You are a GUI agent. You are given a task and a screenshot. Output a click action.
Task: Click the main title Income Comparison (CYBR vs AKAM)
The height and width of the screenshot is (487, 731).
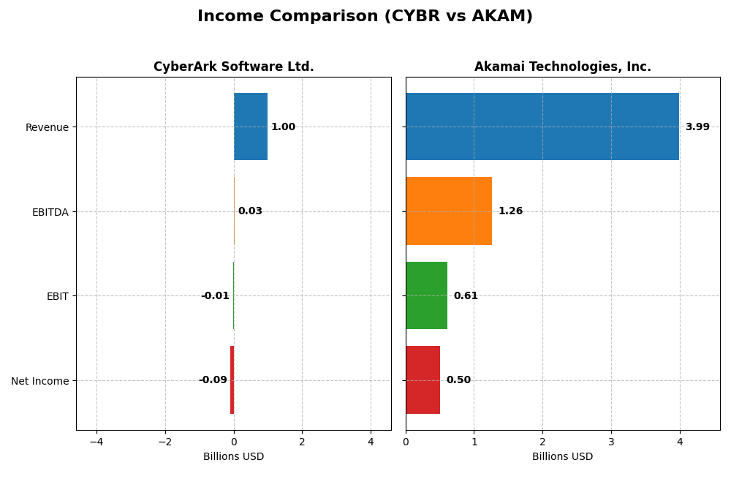[365, 16]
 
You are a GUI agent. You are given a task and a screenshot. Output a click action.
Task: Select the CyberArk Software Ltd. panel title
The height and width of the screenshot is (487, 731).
[233, 67]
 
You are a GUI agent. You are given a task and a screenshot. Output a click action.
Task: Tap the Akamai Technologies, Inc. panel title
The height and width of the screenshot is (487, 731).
[562, 67]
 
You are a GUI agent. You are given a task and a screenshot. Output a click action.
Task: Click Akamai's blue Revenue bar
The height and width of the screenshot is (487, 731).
[542, 127]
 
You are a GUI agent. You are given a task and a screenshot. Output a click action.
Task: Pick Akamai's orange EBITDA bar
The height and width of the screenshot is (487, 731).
[448, 211]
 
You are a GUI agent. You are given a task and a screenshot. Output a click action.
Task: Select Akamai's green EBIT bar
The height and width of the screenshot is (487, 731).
[426, 295]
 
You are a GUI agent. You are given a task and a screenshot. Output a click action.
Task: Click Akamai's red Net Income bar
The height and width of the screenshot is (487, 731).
[423, 380]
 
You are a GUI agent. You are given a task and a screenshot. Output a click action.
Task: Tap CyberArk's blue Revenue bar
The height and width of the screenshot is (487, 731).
[251, 127]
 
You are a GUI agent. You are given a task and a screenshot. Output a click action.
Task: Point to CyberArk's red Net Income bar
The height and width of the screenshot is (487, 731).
[232, 380]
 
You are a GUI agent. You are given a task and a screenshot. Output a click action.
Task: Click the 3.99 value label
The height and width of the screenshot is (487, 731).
[697, 127]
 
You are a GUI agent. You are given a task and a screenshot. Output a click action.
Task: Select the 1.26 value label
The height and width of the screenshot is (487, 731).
[510, 211]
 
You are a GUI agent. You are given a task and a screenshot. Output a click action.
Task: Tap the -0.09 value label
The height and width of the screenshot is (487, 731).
[213, 380]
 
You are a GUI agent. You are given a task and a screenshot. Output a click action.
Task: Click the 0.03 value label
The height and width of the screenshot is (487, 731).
[250, 211]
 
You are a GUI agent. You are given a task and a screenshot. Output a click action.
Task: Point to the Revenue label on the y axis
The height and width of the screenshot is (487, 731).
[47, 127]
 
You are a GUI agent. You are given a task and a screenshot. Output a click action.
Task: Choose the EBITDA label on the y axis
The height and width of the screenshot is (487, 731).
[50, 212]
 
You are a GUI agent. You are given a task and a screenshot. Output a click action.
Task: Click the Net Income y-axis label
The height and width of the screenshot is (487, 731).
[40, 381]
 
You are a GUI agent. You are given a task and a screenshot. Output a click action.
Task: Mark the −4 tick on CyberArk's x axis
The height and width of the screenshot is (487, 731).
[96, 442]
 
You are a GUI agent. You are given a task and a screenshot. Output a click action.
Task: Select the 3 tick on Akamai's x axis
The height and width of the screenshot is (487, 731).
[611, 442]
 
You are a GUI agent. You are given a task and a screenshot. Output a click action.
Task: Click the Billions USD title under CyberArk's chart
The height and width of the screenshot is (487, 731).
[233, 457]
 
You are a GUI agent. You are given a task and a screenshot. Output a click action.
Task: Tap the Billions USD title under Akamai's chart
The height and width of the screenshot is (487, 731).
[562, 457]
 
